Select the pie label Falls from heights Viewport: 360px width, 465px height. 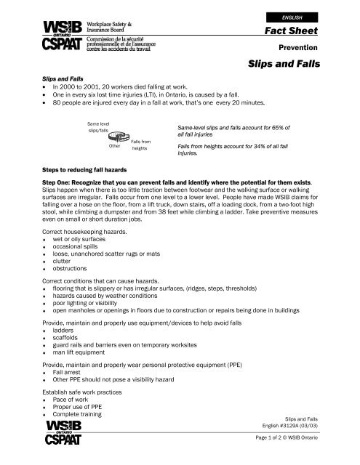[x=140, y=145]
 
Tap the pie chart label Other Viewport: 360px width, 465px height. [x=114, y=146]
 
